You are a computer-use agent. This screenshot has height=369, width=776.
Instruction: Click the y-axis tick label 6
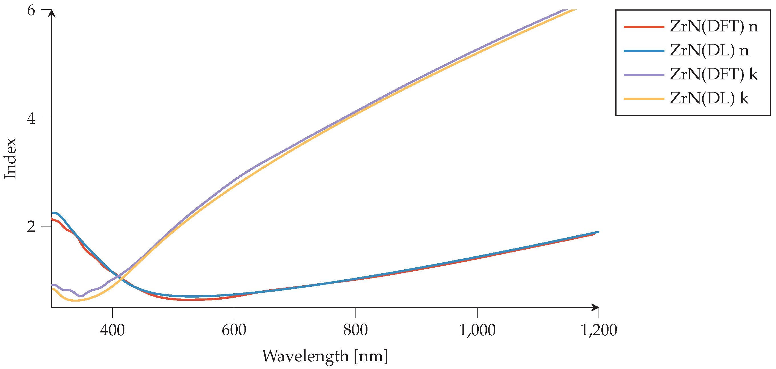[x=31, y=11]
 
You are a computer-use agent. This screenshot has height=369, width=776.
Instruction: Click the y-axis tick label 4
[x=31, y=119]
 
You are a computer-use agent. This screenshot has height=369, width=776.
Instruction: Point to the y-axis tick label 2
[x=31, y=226]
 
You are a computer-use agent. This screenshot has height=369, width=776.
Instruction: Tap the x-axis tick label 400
[x=112, y=330]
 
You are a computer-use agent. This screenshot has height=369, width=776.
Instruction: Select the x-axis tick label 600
[x=234, y=330]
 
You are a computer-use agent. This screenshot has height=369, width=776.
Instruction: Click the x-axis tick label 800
[x=355, y=330]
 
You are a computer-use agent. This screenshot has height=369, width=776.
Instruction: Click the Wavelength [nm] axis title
[x=325, y=356]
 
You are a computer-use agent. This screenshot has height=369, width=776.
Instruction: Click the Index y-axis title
[x=10, y=159]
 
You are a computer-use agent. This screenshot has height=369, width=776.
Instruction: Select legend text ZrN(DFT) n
[x=714, y=27]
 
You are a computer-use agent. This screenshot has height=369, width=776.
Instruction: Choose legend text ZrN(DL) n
[x=709, y=50]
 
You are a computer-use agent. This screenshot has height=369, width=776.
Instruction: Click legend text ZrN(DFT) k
[x=714, y=75]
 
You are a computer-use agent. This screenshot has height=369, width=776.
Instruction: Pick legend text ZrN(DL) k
[x=709, y=98]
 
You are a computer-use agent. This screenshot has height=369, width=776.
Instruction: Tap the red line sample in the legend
[x=644, y=27]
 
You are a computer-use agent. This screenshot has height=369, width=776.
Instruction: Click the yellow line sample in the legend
[x=644, y=99]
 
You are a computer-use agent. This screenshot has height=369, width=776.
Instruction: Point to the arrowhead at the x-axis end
[x=595, y=308]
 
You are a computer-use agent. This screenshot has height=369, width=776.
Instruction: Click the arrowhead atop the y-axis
[x=52, y=13]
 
